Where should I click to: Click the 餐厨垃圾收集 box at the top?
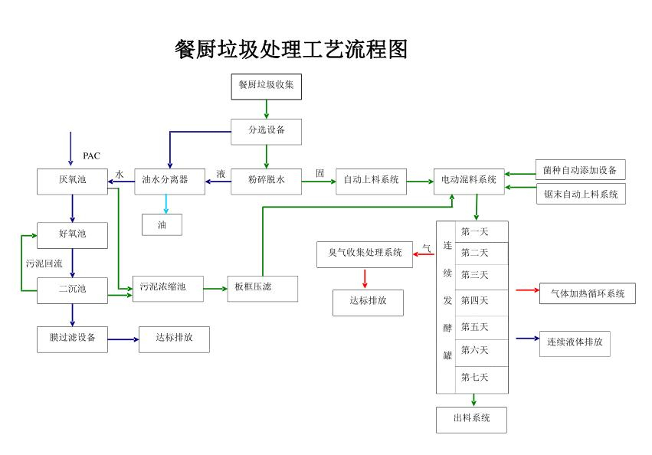[x=266, y=86]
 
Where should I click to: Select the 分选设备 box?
[x=266, y=131]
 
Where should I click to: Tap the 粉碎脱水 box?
[x=266, y=181]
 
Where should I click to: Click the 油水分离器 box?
[x=169, y=181]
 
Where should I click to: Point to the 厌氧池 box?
[x=73, y=181]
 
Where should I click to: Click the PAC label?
[x=91, y=156]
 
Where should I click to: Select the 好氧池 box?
[x=73, y=235]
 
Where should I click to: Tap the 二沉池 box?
[x=73, y=290]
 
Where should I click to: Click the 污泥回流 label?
[x=44, y=264]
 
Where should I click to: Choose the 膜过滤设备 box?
[x=73, y=339]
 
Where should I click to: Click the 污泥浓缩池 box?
[x=168, y=288]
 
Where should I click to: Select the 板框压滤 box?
[x=262, y=288]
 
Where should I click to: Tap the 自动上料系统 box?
[x=371, y=181]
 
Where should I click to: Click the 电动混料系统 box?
[x=469, y=181]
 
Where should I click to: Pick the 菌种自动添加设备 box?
[x=580, y=170]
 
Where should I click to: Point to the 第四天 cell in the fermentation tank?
[x=474, y=300]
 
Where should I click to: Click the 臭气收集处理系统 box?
[x=365, y=254]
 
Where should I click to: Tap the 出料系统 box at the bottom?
[x=471, y=419]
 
